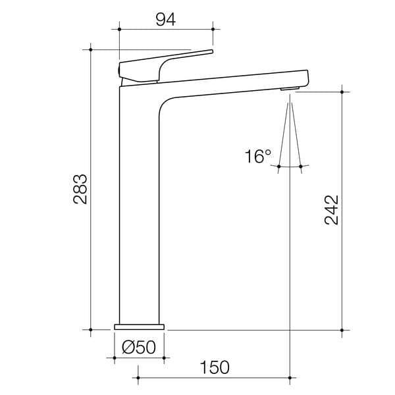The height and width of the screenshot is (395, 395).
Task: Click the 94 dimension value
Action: click(165, 18)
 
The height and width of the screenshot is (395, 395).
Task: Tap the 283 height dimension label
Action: click(80, 189)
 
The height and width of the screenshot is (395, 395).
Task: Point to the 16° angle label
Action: click(257, 157)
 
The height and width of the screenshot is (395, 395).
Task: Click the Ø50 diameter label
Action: click(140, 346)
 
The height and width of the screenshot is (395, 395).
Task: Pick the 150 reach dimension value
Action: click(215, 367)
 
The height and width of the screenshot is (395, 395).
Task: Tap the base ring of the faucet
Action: click(140, 326)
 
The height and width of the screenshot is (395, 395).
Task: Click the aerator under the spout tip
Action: click(289, 88)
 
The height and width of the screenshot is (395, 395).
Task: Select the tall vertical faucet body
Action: click(138, 211)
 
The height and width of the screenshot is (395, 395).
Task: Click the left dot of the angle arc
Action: click(279, 167)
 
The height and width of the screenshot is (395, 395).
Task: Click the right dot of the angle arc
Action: click(300, 167)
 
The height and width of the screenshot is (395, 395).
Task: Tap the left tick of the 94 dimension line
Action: click(119, 28)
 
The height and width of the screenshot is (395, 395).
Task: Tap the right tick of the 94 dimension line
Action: click(213, 28)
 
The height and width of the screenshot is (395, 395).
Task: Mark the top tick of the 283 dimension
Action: click(90, 49)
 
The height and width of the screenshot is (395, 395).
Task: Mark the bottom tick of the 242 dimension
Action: click(341, 329)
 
